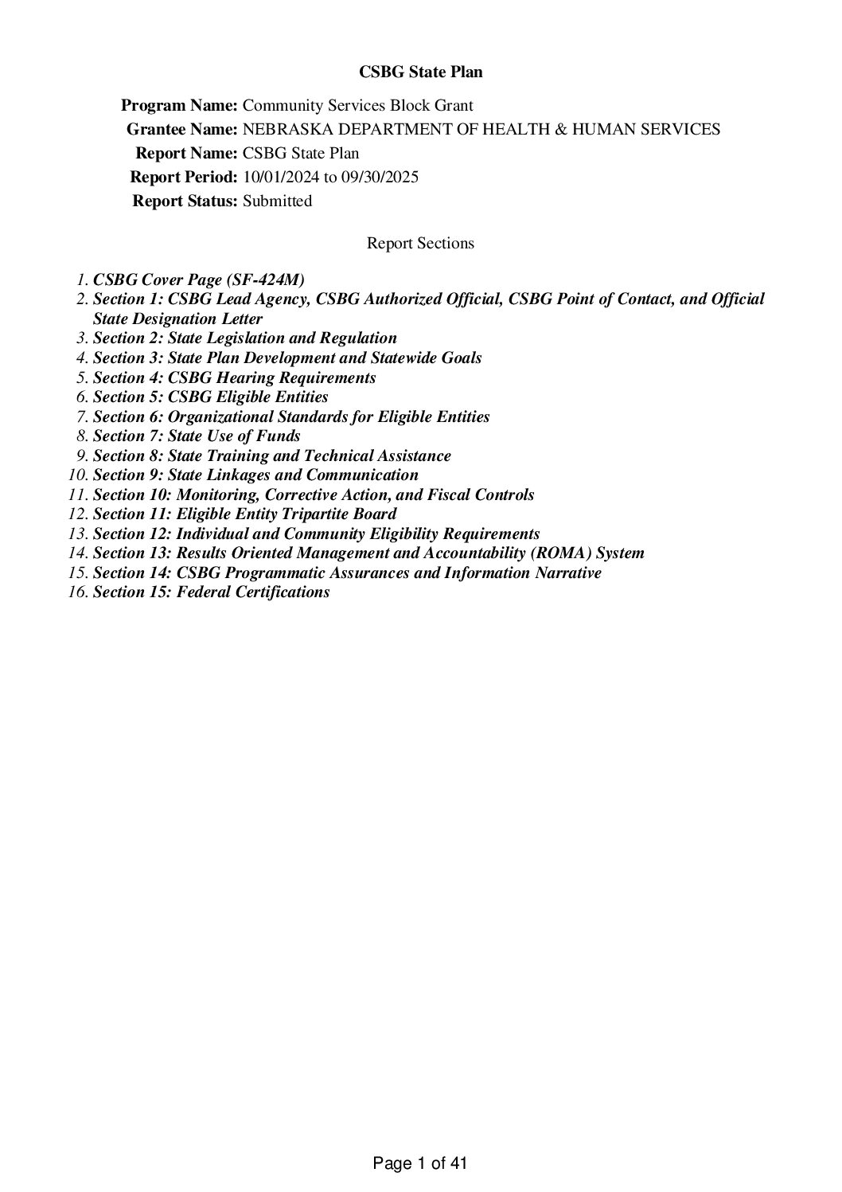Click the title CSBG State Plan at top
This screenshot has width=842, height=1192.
[420, 72]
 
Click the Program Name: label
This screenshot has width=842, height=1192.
[179, 106]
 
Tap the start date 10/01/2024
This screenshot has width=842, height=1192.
[280, 178]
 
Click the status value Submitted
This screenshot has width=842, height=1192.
[277, 201]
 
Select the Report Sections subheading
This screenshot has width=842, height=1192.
[420, 244]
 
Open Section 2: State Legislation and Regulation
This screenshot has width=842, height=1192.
[245, 338]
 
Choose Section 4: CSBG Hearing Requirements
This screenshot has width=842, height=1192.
[235, 377]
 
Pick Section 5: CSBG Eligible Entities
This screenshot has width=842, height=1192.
[211, 397]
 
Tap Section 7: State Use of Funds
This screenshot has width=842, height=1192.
[197, 436]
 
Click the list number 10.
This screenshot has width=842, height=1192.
[77, 475]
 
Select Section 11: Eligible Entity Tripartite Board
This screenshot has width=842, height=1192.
[245, 514]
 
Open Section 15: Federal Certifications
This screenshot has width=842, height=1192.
[212, 592]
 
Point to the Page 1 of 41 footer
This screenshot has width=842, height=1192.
[420, 1163]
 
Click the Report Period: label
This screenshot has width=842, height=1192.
[184, 178]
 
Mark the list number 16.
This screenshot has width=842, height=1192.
[77, 592]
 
